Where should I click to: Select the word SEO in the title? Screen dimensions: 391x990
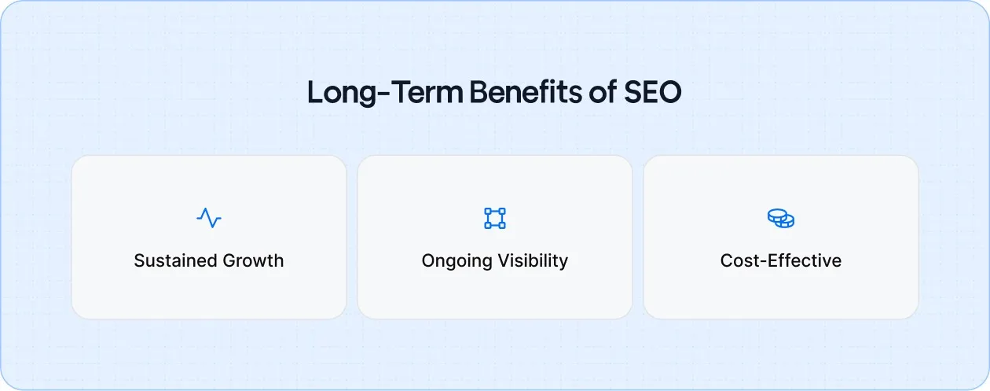pos(653,92)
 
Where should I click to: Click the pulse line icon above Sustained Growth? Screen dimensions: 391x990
pos(209,218)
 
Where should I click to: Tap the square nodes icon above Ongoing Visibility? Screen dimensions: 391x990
pos(495,218)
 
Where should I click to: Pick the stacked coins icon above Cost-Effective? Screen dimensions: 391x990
pos(781,218)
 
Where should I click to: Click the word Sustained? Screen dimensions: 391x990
pos(174,261)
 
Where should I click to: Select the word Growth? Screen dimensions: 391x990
pos(253,261)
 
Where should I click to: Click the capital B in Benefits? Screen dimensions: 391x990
pos(478,92)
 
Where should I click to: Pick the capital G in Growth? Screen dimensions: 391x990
pos(229,261)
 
